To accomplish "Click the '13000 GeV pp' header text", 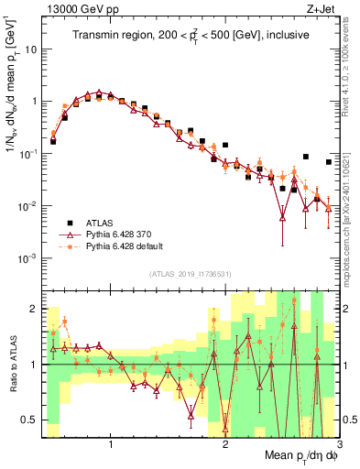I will (x=82, y=8).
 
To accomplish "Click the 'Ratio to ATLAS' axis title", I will (x=11, y=364).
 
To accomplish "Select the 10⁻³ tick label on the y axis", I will (x=29, y=258).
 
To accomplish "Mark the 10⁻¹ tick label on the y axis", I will (x=29, y=154).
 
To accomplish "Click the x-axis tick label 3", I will (x=338, y=444).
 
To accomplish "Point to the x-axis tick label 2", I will (x=225, y=444).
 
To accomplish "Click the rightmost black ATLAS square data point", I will (x=328, y=162).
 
